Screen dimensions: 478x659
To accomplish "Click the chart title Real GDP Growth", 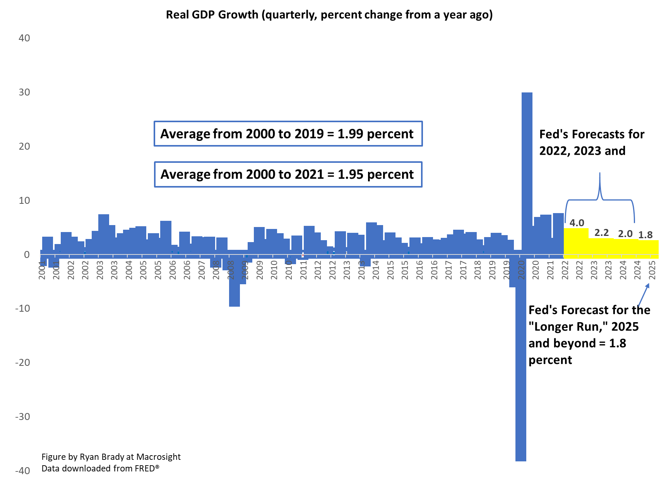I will tap(329, 15).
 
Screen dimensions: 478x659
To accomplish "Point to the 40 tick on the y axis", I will tap(24, 38).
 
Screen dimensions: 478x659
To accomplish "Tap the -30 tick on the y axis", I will tap(23, 417).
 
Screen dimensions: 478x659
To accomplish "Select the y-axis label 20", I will tap(24, 146).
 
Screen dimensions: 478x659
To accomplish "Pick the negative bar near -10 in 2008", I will tap(234, 282).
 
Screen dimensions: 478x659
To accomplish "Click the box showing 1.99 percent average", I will tap(288, 134).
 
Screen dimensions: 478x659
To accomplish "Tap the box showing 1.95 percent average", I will tap(288, 174).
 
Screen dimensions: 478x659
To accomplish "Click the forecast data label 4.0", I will tap(577, 223).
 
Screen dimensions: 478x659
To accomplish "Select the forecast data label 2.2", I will tap(601, 233).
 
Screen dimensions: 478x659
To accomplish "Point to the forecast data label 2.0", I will tap(625, 234).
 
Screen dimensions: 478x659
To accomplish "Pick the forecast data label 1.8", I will tap(645, 235).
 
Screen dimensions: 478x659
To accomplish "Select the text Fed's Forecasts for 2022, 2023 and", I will tap(591, 142).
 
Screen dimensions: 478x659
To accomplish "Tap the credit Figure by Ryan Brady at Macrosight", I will tap(111, 457).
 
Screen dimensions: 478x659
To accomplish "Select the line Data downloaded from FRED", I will tap(100, 468).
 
